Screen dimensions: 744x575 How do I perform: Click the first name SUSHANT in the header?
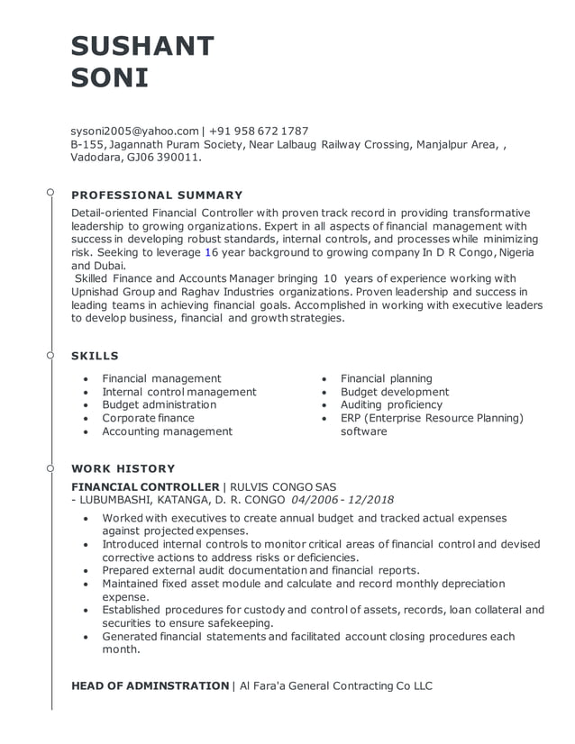tap(142, 46)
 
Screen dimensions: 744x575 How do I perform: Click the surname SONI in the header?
tap(109, 78)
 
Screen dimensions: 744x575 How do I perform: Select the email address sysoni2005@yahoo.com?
tap(133, 131)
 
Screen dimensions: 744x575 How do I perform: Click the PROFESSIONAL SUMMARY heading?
tap(157, 195)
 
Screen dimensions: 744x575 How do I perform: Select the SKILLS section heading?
tap(95, 356)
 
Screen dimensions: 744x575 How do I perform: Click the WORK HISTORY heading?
tap(123, 468)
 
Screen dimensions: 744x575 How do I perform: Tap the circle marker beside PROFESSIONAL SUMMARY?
tap(51, 193)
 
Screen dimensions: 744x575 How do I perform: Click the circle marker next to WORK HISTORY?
tap(51, 467)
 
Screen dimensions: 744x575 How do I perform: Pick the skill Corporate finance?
tap(148, 418)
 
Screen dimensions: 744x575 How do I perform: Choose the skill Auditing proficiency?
tap(391, 404)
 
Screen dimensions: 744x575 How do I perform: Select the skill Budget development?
tap(394, 392)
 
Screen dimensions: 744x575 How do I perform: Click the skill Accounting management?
tap(167, 431)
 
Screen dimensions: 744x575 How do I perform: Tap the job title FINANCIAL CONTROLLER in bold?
tap(145, 486)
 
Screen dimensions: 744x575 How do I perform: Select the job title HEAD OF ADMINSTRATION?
tap(150, 685)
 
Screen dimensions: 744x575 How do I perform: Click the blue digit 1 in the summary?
tap(208, 253)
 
